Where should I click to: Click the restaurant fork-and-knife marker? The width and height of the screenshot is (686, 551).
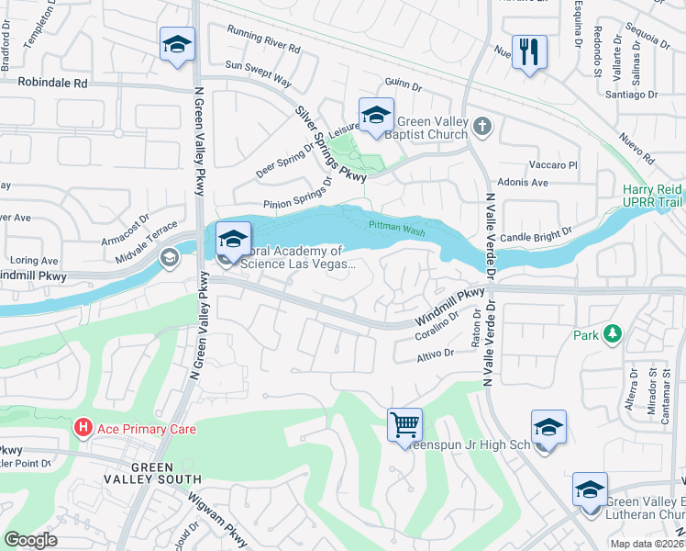tap(529, 51)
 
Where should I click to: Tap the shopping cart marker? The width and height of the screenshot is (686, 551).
tap(404, 425)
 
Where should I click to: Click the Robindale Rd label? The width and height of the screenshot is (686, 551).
tap(55, 82)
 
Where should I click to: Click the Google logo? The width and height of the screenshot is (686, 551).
tap(31, 539)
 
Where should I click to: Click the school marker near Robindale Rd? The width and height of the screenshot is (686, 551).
tap(178, 44)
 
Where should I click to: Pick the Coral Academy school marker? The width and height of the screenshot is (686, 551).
tap(233, 241)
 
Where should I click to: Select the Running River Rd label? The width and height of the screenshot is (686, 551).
tap(263, 46)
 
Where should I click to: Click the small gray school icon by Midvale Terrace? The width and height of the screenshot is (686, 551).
tap(169, 258)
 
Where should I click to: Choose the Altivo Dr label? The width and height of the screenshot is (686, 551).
tap(436, 354)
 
